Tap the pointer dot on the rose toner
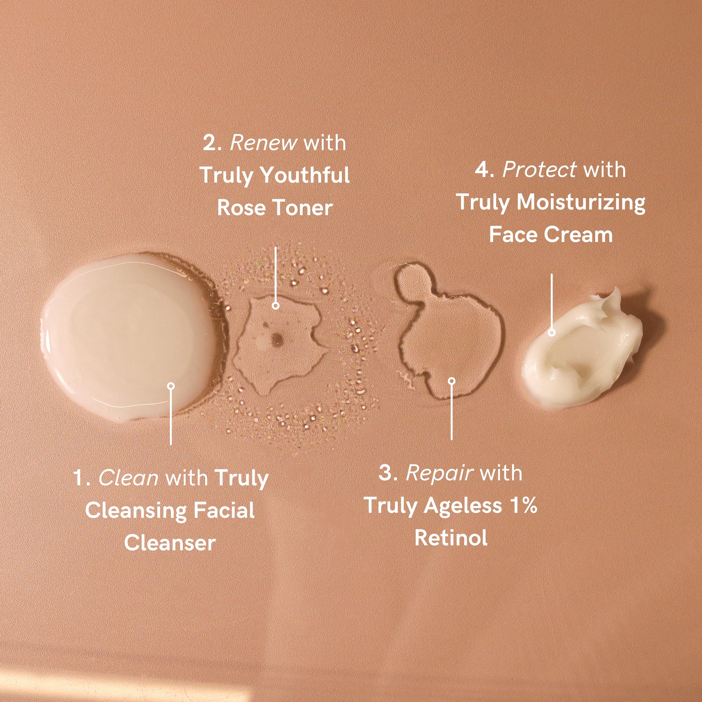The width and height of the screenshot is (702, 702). click(275, 306)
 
